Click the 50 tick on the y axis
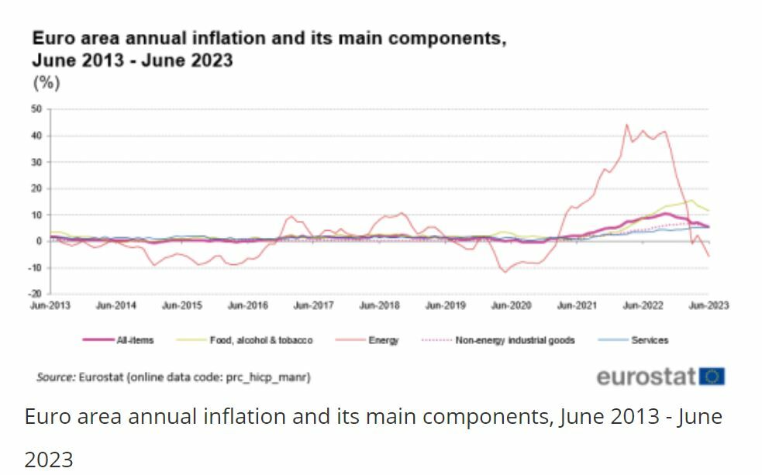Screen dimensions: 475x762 pos(36,109)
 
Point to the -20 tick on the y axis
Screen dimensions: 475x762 pos(35,294)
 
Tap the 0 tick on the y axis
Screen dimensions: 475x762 pos(38,241)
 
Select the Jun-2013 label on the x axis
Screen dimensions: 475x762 pos(50,305)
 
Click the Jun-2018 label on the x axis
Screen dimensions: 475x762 pos(379,305)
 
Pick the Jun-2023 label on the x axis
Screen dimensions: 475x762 pos(709,305)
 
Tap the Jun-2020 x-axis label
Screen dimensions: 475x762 pos(511,305)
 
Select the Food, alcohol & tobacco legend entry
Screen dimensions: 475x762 pos(260,340)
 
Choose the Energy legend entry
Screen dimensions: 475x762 pos(383,340)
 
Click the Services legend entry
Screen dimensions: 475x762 pos(649,340)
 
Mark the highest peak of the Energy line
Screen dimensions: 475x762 pos(626,125)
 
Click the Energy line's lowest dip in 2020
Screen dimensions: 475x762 pos(505,272)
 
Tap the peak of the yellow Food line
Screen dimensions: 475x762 pos(691,200)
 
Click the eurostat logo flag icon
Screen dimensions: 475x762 pos(712,377)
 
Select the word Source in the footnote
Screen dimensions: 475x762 pos(55,377)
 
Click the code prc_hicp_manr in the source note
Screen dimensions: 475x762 pos(268,377)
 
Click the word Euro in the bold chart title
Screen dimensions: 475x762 pos(50,38)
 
